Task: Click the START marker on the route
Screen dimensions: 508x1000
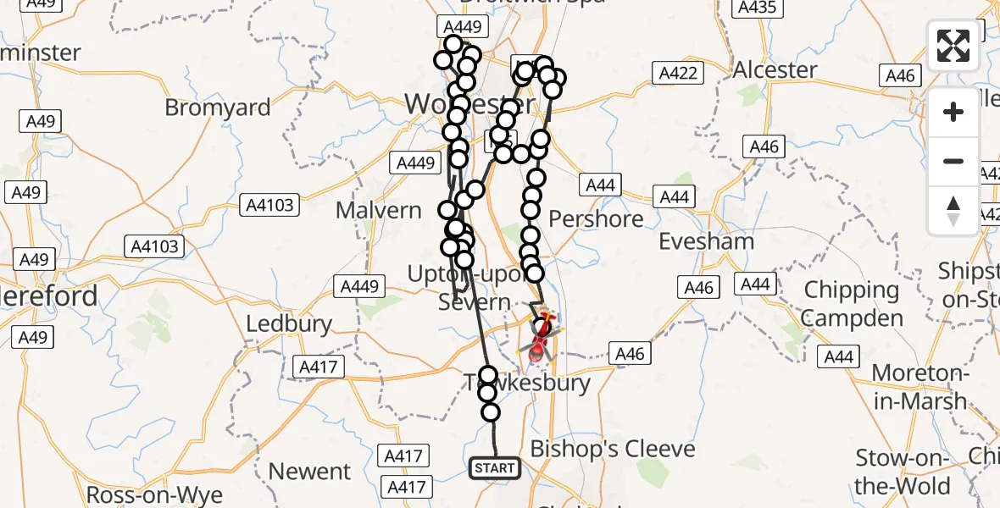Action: pyautogui.click(x=495, y=468)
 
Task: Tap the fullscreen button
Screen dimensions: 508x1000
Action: pyautogui.click(x=953, y=46)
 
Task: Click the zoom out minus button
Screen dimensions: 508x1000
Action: pyautogui.click(x=953, y=161)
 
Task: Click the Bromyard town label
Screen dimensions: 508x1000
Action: pyautogui.click(x=218, y=108)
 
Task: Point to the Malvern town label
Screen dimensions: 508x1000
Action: pyautogui.click(x=379, y=210)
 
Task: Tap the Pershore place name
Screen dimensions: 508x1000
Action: pyautogui.click(x=596, y=219)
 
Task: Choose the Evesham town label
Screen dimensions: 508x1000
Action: pyautogui.click(x=708, y=241)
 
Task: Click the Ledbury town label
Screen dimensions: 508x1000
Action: pyautogui.click(x=289, y=324)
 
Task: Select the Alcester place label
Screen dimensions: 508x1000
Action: pyautogui.click(x=775, y=69)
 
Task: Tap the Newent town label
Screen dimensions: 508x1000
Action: pyautogui.click(x=309, y=471)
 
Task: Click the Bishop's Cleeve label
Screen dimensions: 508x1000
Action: pyautogui.click(x=613, y=449)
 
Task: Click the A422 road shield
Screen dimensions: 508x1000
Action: pyautogui.click(x=680, y=74)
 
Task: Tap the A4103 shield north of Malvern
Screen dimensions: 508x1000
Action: pyautogui.click(x=270, y=204)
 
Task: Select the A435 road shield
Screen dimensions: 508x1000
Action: pyautogui.click(x=757, y=8)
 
